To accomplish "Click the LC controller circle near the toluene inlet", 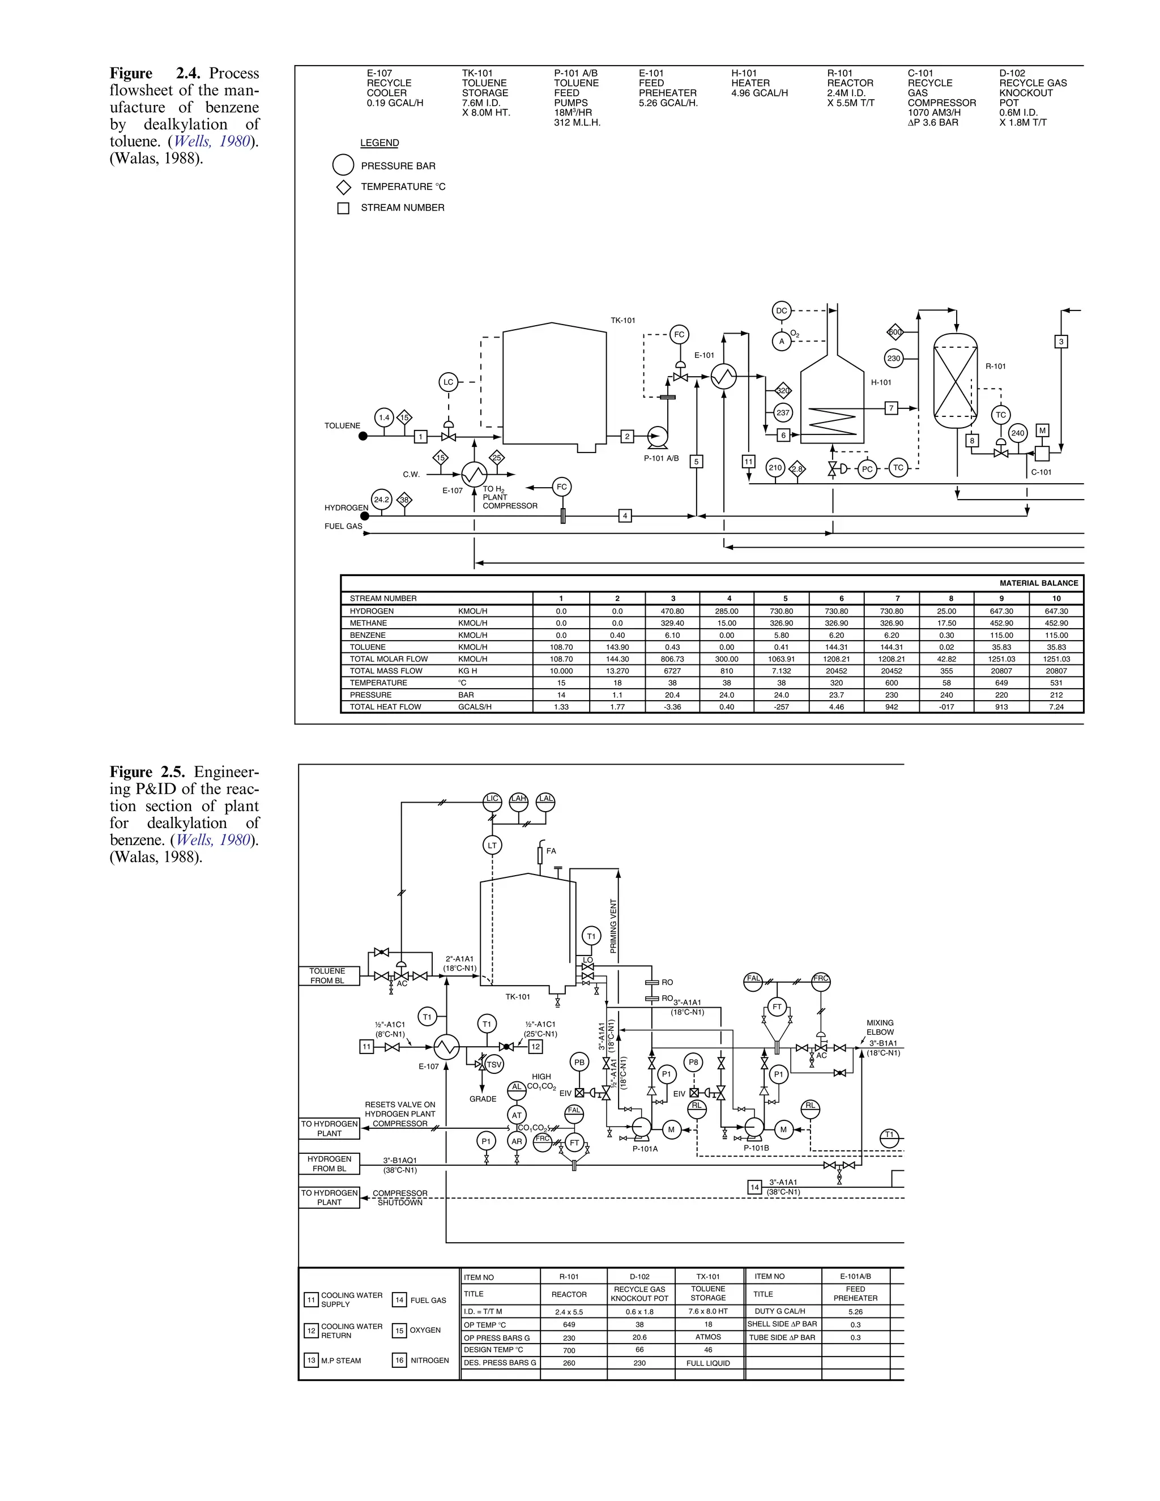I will click(x=448, y=382).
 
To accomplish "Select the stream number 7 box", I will click(x=892, y=408).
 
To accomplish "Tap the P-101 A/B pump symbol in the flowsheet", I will click(x=658, y=436).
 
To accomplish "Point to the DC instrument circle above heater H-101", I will click(x=781, y=310).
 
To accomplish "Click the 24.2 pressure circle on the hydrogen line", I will click(x=381, y=500).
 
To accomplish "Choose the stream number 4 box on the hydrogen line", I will click(x=625, y=515).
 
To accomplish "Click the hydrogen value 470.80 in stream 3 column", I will click(x=672, y=611).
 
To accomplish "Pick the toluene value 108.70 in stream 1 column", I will click(x=561, y=647).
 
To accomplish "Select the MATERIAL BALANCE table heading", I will click(x=1038, y=583).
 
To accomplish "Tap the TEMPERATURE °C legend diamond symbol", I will click(x=343, y=187).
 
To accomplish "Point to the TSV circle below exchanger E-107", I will click(x=493, y=1065).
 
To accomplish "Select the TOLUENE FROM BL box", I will click(x=329, y=976).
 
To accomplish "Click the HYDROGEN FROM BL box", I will click(x=329, y=1163).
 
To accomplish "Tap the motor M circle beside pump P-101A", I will click(x=671, y=1129).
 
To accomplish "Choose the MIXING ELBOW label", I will click(x=880, y=1027).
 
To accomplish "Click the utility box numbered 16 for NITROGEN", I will click(x=399, y=1360).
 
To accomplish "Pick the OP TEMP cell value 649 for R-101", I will click(x=569, y=1325).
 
